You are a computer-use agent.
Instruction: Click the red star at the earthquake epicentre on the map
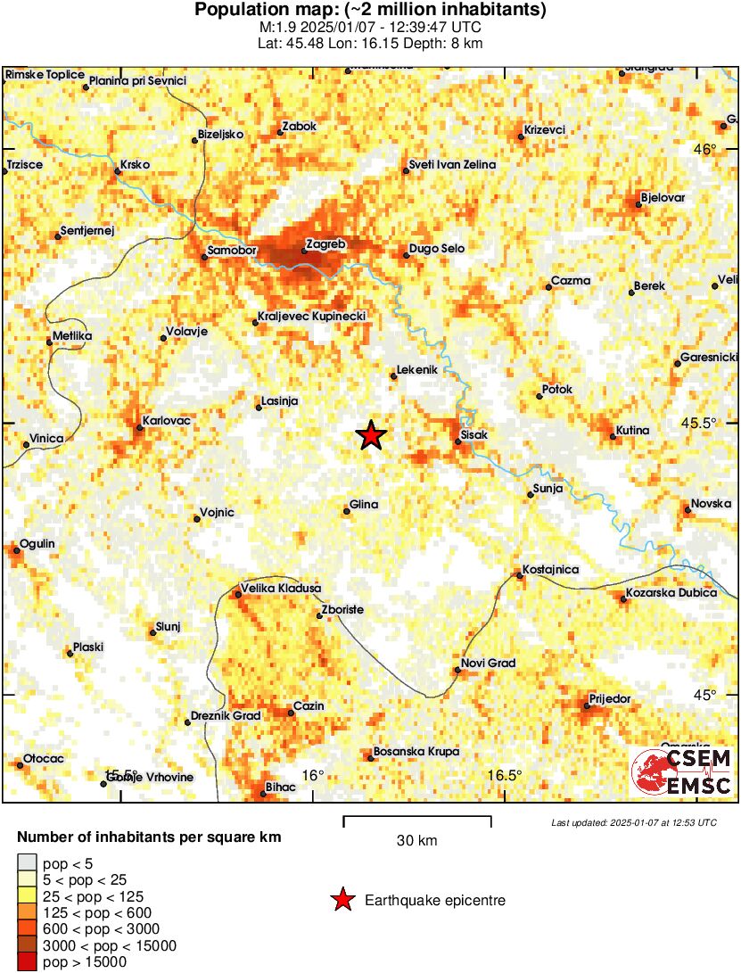(371, 435)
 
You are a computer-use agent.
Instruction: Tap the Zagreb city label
(325, 243)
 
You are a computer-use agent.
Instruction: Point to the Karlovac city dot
(140, 428)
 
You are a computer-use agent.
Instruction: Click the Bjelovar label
(663, 197)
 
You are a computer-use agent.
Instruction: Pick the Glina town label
(364, 505)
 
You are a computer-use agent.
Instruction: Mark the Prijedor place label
(610, 698)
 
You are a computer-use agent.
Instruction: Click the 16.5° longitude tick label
(505, 774)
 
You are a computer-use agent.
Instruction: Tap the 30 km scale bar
(417, 818)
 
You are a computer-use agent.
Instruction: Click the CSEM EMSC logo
(682, 772)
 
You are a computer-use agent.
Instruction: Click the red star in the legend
(342, 901)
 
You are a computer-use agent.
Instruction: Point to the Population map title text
(370, 11)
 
